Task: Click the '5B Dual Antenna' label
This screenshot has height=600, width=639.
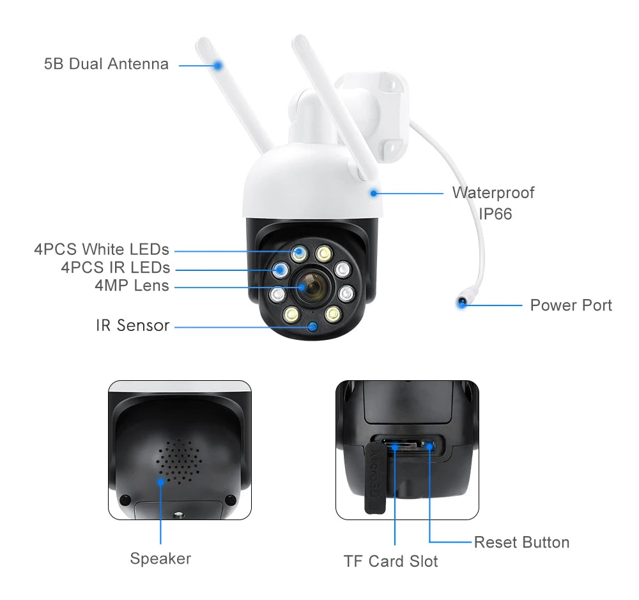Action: [x=106, y=64]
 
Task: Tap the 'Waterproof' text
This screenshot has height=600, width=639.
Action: [x=493, y=192]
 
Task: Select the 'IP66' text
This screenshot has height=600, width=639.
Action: [x=495, y=214]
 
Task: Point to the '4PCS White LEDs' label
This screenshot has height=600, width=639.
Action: [x=102, y=249]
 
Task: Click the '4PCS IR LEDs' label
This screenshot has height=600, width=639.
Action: [x=116, y=267]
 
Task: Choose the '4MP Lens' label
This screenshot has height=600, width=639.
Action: [x=132, y=285]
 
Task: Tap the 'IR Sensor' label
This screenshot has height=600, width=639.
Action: [x=132, y=325]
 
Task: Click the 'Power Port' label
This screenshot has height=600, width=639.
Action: [x=571, y=305]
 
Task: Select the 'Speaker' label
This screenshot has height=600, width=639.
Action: [x=160, y=558]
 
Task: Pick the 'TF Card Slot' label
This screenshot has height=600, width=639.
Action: [x=390, y=562]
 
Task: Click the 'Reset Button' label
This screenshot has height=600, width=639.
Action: [x=521, y=542]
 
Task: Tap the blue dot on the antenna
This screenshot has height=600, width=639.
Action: [x=218, y=65]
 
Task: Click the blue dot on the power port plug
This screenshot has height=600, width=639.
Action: [x=461, y=304]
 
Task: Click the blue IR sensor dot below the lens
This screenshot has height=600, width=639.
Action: [x=312, y=327]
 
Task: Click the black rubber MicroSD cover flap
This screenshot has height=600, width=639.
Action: [x=373, y=479]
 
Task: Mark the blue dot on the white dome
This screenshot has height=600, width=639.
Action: [x=373, y=191]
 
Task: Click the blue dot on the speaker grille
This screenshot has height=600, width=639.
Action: [x=160, y=481]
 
